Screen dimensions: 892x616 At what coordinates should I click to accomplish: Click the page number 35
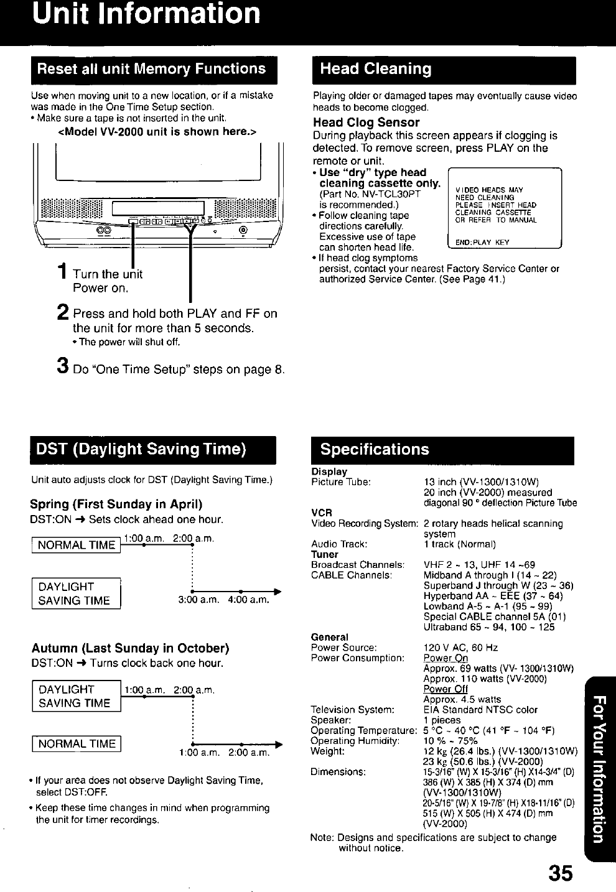(x=561, y=873)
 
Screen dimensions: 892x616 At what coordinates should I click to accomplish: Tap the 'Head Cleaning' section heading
(x=376, y=69)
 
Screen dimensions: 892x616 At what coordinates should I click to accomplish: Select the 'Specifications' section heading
(x=375, y=449)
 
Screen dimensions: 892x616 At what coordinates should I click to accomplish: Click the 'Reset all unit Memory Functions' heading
(x=152, y=69)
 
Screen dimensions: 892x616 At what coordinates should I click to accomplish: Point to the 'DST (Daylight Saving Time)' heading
(x=140, y=449)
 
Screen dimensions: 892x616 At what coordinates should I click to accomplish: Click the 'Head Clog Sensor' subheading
(x=366, y=123)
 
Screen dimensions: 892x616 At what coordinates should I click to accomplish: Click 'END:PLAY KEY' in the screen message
(x=482, y=243)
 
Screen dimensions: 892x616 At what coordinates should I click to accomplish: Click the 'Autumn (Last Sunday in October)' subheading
(x=131, y=649)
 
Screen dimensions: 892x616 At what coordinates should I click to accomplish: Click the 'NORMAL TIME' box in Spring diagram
(x=77, y=546)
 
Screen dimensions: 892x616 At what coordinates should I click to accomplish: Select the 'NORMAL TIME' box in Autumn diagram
(x=77, y=744)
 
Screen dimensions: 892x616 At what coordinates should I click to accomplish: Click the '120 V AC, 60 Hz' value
(x=460, y=648)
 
